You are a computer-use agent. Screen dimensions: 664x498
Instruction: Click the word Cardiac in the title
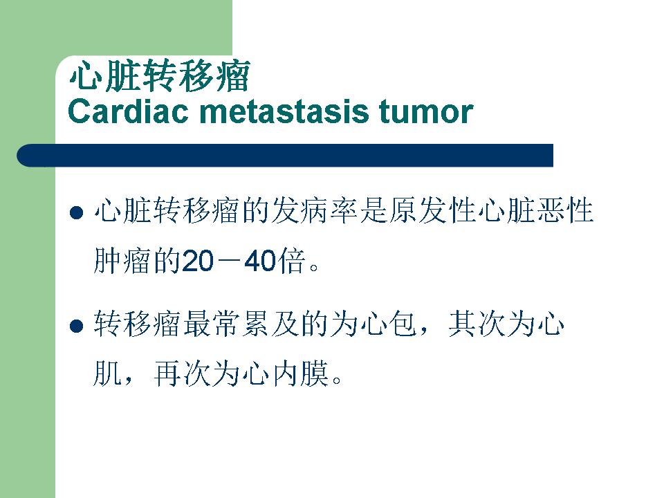(x=128, y=111)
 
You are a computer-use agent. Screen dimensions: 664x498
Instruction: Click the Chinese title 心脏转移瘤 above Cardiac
(x=160, y=76)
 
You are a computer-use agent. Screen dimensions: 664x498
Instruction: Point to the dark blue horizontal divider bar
(x=285, y=155)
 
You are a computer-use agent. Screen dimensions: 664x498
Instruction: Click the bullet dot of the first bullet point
(x=76, y=212)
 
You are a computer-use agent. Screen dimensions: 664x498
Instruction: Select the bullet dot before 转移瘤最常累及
(x=76, y=326)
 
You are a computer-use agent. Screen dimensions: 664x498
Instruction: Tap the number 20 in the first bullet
(x=197, y=261)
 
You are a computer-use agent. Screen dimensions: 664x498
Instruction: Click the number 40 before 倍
(x=260, y=261)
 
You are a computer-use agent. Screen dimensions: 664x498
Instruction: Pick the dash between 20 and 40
(x=229, y=261)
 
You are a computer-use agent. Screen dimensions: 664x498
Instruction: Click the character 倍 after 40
(x=291, y=261)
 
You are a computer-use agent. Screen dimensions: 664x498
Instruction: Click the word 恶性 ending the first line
(x=565, y=210)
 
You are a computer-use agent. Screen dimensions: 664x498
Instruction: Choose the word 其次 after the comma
(x=477, y=324)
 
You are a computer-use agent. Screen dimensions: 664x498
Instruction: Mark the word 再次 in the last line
(x=182, y=374)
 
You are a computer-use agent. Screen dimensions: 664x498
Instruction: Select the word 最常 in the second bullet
(x=212, y=324)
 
